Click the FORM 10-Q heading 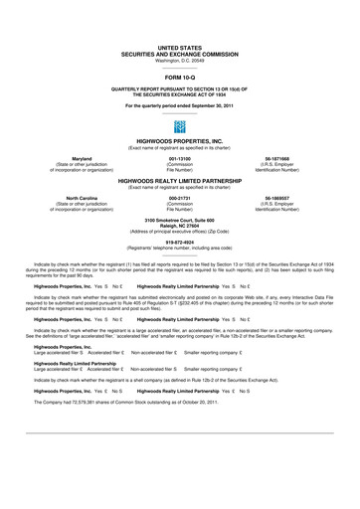tap(179, 76)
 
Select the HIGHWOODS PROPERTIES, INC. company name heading tap(179, 142)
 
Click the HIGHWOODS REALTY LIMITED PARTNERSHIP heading tap(179, 182)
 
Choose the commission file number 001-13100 tap(180, 157)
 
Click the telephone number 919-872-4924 tap(179, 240)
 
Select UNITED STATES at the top tap(179, 47)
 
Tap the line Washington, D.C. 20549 tap(179, 60)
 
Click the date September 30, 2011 tap(209, 104)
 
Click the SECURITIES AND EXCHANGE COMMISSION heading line tap(179, 54)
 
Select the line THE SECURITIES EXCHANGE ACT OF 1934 tap(179, 94)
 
